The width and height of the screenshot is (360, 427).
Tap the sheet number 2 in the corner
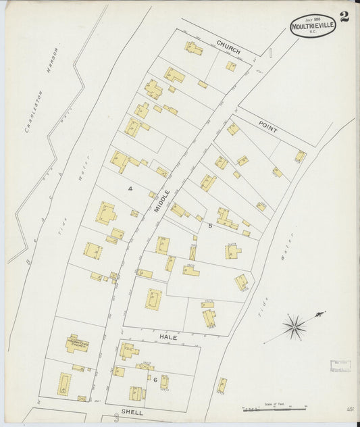click(x=344, y=18)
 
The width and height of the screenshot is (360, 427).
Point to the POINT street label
click(x=267, y=126)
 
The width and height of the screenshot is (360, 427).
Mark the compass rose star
click(x=293, y=327)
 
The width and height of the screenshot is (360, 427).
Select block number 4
click(x=130, y=189)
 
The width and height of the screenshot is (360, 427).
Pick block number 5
click(x=210, y=226)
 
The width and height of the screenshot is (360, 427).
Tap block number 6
click(x=155, y=379)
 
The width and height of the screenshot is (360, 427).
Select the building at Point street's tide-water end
click(x=300, y=156)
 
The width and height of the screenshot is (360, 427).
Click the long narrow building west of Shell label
click(x=64, y=384)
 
